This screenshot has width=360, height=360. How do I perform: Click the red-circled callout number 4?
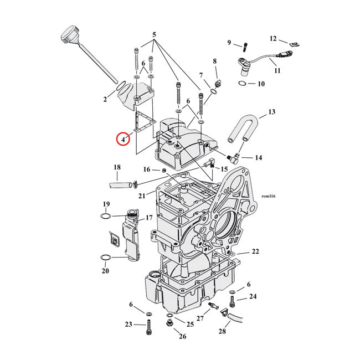(x=122, y=139)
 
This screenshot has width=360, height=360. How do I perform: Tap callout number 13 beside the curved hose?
(x=271, y=112)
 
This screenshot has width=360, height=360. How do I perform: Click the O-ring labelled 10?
(x=242, y=84)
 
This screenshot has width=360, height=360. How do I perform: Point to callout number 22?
(x=255, y=251)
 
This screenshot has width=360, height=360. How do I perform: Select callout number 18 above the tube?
(x=117, y=167)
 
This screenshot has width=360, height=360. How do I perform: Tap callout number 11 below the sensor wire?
(x=277, y=70)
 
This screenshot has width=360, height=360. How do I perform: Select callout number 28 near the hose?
(x=223, y=332)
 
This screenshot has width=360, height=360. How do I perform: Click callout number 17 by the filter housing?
(x=148, y=218)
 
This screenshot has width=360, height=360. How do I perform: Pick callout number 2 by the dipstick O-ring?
(x=105, y=100)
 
